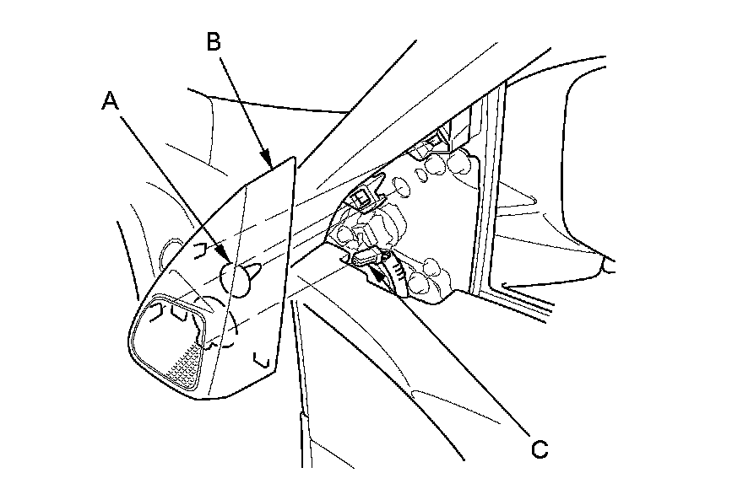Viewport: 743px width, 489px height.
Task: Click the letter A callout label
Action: pyautogui.click(x=110, y=101)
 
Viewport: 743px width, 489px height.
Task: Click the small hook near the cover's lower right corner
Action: pyautogui.click(x=263, y=361)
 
